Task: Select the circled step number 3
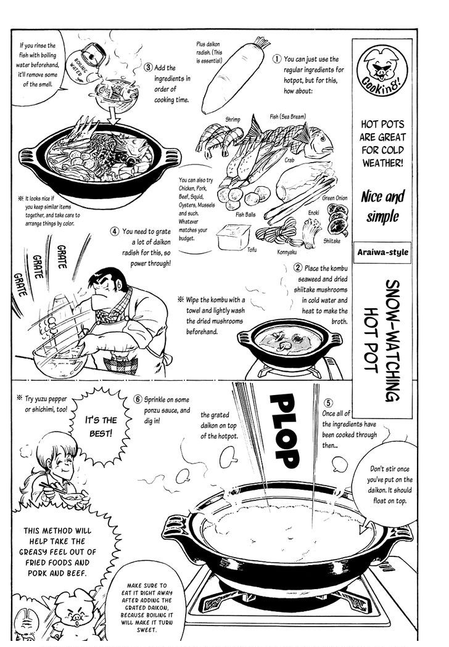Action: coord(149,67)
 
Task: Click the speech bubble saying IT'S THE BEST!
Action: coord(99,426)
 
